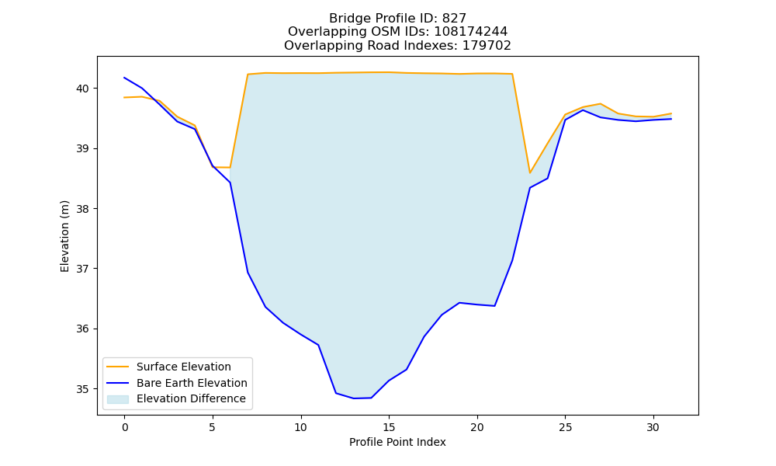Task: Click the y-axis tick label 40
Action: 82,89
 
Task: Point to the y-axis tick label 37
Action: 82,269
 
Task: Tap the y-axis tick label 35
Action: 82,389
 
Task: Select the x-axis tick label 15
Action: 389,427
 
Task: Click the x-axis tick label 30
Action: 653,427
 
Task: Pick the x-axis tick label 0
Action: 125,427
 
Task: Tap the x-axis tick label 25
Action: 565,427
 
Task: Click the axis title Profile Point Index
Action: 397,442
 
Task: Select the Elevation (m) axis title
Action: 65,236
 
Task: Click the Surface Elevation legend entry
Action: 184,367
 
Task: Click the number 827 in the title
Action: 454,19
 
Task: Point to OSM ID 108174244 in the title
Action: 471,32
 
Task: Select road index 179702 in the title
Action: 487,46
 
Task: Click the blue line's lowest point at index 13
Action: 353,398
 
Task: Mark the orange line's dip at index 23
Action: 530,173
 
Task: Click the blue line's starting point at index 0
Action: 124,78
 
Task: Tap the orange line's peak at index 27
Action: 601,103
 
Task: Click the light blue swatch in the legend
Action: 118,399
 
